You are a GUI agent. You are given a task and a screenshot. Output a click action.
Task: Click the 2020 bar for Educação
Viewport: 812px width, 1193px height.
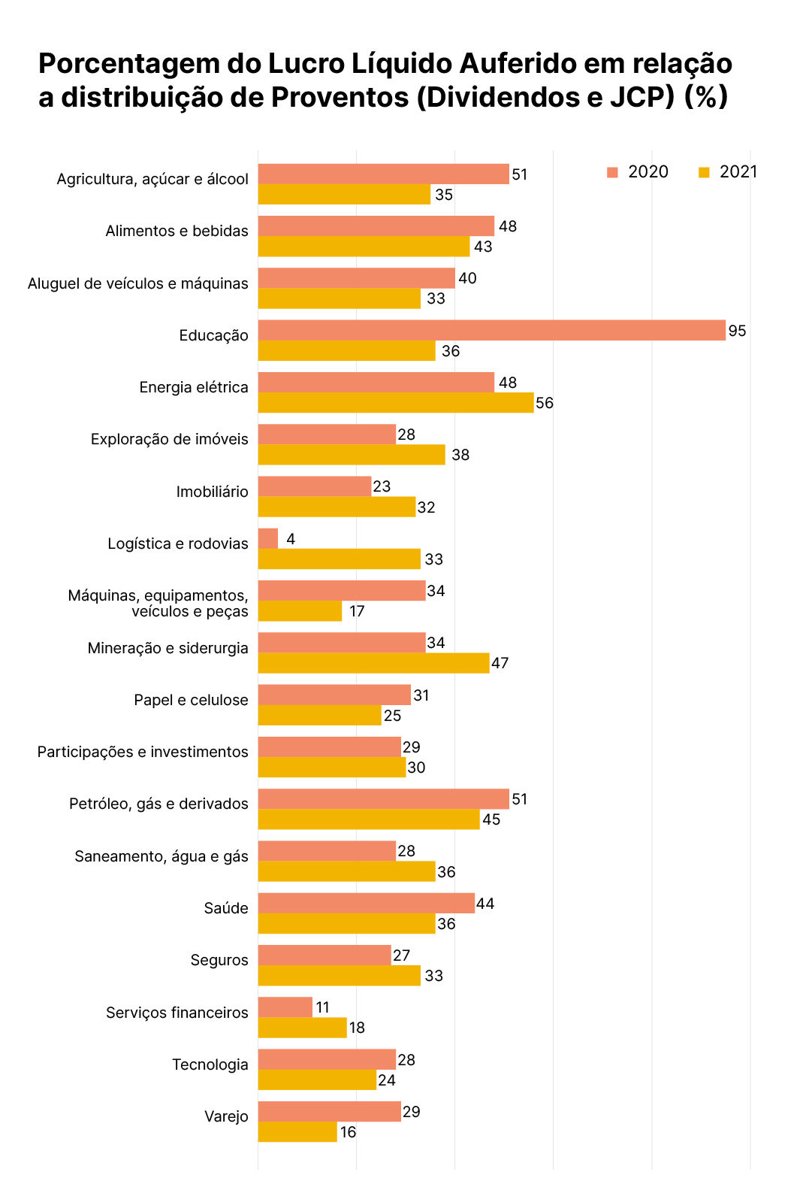(x=492, y=331)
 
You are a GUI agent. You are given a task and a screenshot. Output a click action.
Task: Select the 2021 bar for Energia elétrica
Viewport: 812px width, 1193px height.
(x=396, y=403)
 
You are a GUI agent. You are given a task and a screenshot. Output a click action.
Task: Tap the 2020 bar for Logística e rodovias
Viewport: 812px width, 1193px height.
(x=268, y=539)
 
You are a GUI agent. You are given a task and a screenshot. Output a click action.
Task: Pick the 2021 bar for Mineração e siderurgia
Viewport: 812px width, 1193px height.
(x=374, y=663)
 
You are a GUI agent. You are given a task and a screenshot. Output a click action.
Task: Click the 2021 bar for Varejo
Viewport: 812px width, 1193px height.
(x=297, y=1132)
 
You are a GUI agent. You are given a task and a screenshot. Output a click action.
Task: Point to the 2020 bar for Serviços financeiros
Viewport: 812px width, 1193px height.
(x=285, y=1007)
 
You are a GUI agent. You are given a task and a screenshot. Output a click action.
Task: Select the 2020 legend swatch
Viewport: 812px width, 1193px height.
(x=612, y=172)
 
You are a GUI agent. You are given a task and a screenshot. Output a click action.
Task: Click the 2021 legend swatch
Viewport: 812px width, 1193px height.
(x=704, y=172)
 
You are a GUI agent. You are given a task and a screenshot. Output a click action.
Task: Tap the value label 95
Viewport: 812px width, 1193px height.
(x=737, y=331)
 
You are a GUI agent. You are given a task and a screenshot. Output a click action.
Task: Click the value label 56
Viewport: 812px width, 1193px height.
(x=545, y=403)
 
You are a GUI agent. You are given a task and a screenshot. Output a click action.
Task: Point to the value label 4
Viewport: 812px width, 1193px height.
(x=291, y=539)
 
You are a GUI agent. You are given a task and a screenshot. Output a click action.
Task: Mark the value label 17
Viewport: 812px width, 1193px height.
(x=357, y=611)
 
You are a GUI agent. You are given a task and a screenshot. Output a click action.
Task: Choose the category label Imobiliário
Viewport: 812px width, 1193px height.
(x=212, y=492)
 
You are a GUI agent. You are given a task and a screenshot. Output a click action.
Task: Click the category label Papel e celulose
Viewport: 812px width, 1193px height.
(x=191, y=700)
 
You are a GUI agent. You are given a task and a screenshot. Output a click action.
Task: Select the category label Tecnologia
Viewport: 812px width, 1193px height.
(x=210, y=1064)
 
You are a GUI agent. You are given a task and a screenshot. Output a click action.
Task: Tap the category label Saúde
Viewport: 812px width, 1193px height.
(x=225, y=908)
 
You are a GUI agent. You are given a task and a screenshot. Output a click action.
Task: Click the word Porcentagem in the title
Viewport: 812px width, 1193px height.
(x=129, y=65)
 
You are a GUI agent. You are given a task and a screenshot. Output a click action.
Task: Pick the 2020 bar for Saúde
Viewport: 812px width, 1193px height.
(x=367, y=904)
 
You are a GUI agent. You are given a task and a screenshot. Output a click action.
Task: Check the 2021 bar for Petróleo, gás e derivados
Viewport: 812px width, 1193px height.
(x=369, y=819)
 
